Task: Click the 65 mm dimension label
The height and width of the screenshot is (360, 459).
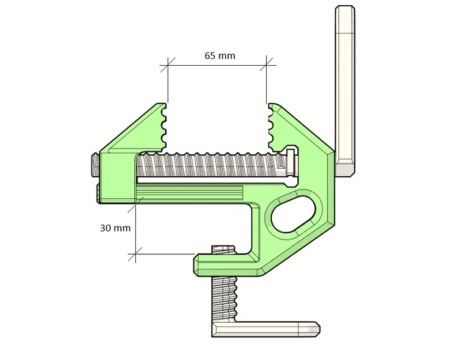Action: coord(219,56)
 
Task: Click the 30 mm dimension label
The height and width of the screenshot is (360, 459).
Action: coord(115,228)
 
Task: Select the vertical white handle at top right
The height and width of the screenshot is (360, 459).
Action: coord(345,86)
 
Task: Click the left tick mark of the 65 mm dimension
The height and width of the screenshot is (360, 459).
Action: coord(168,65)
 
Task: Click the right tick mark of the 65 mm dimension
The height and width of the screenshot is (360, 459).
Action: coord(267,65)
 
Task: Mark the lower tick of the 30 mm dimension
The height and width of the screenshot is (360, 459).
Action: coord(135,253)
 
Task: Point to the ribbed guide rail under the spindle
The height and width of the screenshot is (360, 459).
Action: coord(190,194)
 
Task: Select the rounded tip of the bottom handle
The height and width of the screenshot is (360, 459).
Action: coord(314,329)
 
